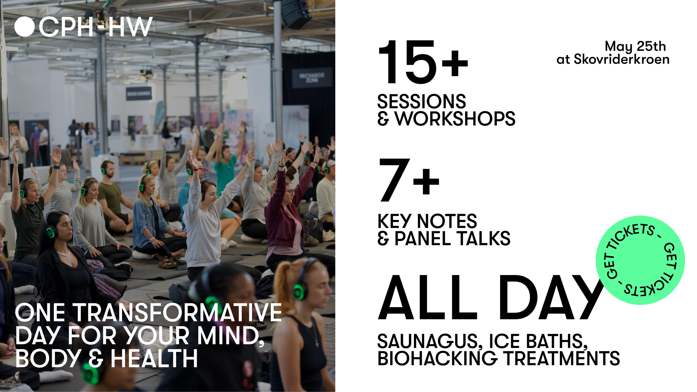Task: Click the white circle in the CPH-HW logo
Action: pos(25,27)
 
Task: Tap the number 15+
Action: pos(422,62)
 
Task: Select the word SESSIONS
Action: pos(421,101)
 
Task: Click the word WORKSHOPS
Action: pos(455,119)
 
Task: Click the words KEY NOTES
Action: pos(427,221)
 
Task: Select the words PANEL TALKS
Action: pos(452,239)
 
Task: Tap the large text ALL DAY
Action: pos(491,298)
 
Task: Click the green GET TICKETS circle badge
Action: pos(640,260)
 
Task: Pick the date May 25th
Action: pos(635,46)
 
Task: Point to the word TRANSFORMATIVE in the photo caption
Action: pos(177,313)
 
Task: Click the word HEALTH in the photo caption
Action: pos(154,359)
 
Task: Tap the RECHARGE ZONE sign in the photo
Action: pos(312,78)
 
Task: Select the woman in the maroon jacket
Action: pos(284,215)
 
